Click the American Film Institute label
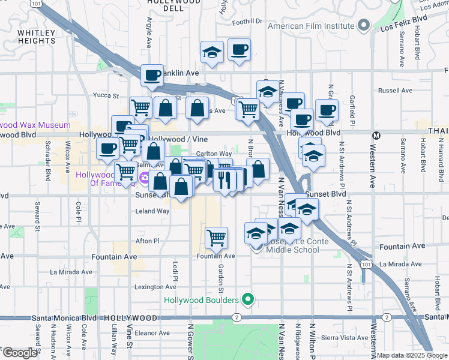pyautogui.click(x=310, y=26)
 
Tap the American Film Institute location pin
pyautogui.click(x=364, y=25)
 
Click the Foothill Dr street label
pyautogui.click(x=248, y=21)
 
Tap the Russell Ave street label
pyautogui.click(x=396, y=91)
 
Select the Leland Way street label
pyautogui.click(x=152, y=211)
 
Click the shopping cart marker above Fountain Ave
pyautogui.click(x=216, y=238)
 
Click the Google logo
pyautogui.click(x=20, y=352)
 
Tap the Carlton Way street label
pyautogui.click(x=214, y=154)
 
